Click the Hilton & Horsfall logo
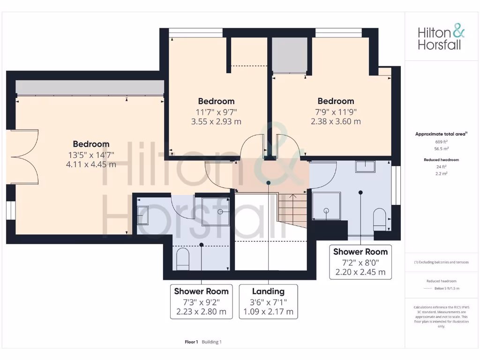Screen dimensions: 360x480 [x=441, y=38]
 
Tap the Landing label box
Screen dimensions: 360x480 [x=268, y=301]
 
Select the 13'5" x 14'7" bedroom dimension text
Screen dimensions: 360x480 [x=91, y=155]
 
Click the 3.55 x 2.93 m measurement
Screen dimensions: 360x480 [x=216, y=121]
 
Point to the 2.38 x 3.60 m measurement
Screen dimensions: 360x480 [x=336, y=121]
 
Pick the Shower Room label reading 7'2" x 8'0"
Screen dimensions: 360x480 [x=360, y=262]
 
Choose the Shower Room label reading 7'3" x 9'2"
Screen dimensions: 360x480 [x=201, y=301]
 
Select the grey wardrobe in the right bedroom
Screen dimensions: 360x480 [x=290, y=55]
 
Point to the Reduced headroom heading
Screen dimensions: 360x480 [x=441, y=160]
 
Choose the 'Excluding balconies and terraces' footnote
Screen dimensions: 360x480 [x=441, y=262]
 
